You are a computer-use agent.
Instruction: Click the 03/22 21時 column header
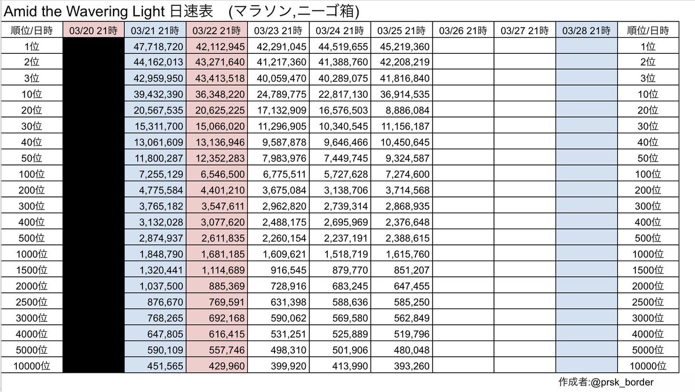(x=216, y=30)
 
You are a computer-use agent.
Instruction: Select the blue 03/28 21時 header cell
(x=586, y=30)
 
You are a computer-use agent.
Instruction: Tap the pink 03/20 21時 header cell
(x=93, y=30)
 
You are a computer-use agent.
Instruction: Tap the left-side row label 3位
(x=32, y=78)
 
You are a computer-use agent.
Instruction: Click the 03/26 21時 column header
(x=462, y=30)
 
